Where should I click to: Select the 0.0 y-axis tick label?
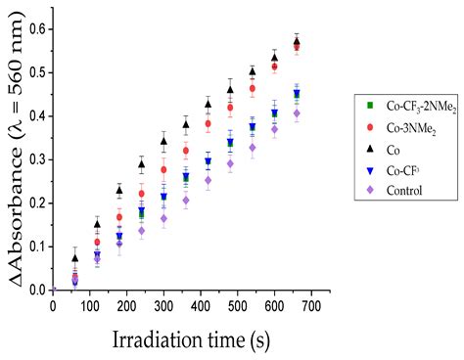pyautogui.click(x=36, y=291)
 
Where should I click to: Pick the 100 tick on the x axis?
pyautogui.click(x=91, y=306)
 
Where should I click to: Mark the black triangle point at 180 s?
pyautogui.click(x=119, y=190)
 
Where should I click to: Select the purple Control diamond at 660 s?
pyautogui.click(x=297, y=113)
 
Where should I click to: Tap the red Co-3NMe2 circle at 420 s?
pyautogui.click(x=208, y=124)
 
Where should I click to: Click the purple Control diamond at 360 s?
pyautogui.click(x=185, y=201)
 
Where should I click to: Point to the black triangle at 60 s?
pyautogui.click(x=75, y=258)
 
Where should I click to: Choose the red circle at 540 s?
pyautogui.click(x=253, y=89)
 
